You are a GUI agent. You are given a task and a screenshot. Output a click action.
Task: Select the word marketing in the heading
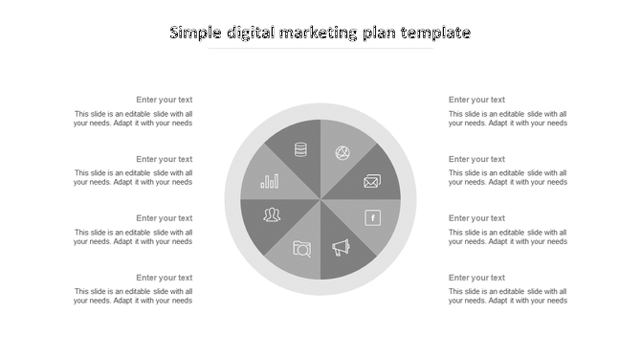320,33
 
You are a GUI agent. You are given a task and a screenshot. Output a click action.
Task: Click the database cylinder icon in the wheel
300,149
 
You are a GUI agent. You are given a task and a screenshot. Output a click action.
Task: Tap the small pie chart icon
342,152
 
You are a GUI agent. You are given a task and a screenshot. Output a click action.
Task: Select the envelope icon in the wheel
372,180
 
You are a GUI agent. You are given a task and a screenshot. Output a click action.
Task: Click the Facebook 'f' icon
373,218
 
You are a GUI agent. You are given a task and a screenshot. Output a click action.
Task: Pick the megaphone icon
342,248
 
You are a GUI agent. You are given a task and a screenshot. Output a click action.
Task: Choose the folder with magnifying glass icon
301,249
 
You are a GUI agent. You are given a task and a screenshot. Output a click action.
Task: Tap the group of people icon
273,214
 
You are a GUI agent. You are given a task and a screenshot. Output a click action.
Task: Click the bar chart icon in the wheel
271,180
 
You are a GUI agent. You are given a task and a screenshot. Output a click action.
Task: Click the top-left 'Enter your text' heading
164,100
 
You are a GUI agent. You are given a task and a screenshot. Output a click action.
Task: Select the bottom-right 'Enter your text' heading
476,278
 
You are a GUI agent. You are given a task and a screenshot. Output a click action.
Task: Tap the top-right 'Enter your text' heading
476,100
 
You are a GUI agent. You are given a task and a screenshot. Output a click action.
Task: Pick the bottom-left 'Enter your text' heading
164,278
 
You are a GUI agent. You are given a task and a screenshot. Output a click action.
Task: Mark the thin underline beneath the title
320,49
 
